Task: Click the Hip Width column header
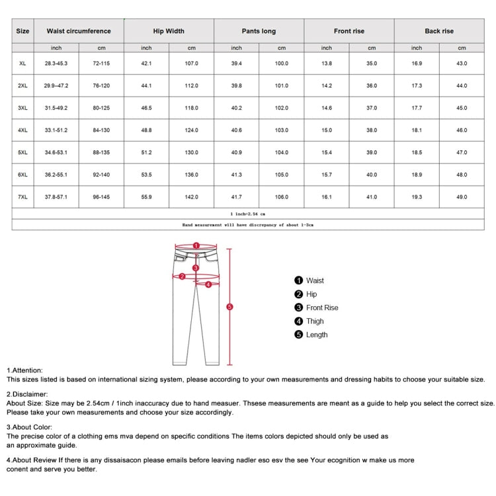[169, 31]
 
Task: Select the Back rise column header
[439, 31]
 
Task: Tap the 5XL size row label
[22, 153]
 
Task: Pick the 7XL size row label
[22, 197]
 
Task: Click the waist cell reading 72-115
[101, 63]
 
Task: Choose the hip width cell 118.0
[191, 108]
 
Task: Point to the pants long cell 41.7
[236, 197]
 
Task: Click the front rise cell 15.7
[327, 175]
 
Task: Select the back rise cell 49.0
[462, 197]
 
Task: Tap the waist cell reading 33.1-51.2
[56, 130]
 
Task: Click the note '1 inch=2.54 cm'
[248, 214]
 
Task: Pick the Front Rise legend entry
[321, 308]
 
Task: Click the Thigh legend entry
[315, 321]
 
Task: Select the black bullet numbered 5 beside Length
[298, 335]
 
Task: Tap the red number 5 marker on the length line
[229, 307]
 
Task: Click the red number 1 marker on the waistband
[196, 245]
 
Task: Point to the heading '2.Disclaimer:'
[27, 394]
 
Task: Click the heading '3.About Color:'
[30, 427]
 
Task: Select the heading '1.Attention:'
[24, 370]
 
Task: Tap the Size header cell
[22, 31]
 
